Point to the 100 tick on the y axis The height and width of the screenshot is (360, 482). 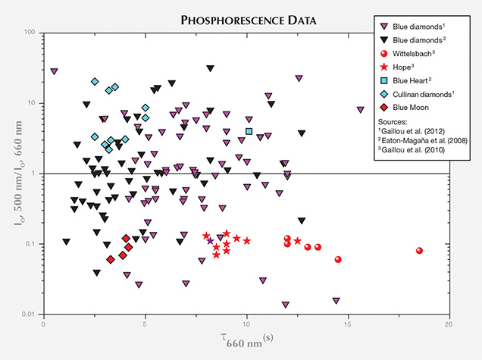(32, 33)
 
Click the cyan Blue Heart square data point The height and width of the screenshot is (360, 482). (249, 131)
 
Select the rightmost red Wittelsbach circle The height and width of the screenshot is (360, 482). (419, 251)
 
